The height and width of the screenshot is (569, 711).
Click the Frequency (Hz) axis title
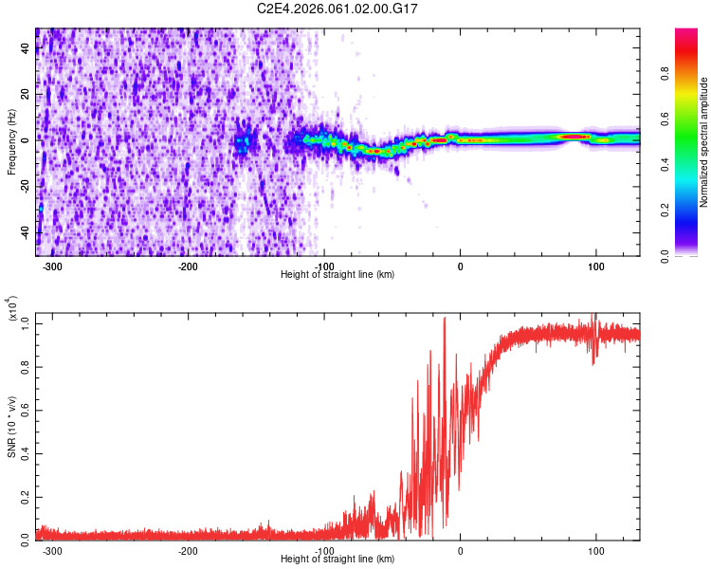(x=11, y=142)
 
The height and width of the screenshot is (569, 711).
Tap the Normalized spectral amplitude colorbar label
(x=704, y=142)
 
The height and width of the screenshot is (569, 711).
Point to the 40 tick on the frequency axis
(x=25, y=49)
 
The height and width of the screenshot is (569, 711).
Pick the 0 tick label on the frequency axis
(x=27, y=140)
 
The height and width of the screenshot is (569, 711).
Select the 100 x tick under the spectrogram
(x=596, y=266)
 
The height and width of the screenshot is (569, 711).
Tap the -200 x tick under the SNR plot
(x=188, y=550)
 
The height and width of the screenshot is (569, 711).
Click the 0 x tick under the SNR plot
(x=461, y=550)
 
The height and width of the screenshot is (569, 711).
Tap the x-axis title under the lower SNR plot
(x=337, y=560)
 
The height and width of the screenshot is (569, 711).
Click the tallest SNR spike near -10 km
(x=445, y=320)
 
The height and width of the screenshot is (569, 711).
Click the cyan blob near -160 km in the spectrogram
(x=243, y=142)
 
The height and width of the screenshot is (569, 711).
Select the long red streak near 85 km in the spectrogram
(x=574, y=137)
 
